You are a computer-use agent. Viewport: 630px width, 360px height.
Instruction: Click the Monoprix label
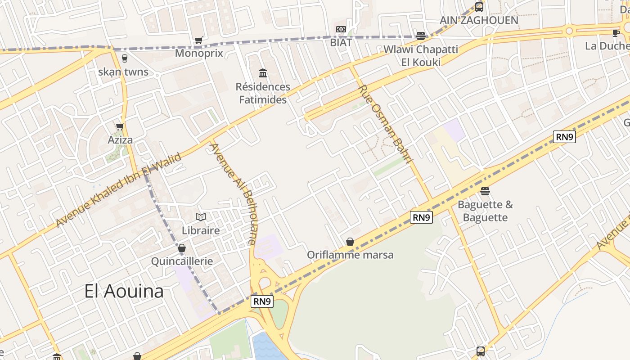(x=199, y=53)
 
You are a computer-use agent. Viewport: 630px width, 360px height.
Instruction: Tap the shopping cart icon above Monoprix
(x=199, y=40)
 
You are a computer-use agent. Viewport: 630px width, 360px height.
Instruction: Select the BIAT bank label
(x=341, y=42)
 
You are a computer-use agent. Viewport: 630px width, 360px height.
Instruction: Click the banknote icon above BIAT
(x=341, y=30)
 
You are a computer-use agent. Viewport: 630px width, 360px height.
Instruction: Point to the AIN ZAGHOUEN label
(x=479, y=20)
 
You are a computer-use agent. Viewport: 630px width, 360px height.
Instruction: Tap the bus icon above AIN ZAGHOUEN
(x=479, y=7)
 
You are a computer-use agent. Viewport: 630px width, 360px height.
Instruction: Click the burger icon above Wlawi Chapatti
(x=421, y=36)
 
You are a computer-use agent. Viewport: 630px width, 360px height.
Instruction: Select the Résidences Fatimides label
(x=263, y=93)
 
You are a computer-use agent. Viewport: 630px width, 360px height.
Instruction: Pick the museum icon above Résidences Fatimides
(x=263, y=73)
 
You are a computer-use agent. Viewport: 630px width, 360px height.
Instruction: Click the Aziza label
(x=120, y=140)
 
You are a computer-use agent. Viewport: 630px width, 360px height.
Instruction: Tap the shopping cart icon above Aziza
(x=120, y=127)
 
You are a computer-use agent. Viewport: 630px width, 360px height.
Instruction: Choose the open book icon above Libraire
(x=201, y=217)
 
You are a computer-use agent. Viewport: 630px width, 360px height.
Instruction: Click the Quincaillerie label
(x=182, y=261)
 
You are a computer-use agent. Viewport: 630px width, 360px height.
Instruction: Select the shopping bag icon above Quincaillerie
(x=182, y=248)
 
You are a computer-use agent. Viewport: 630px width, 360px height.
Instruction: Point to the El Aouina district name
(x=124, y=292)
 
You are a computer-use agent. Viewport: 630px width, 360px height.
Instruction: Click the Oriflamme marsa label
(x=350, y=255)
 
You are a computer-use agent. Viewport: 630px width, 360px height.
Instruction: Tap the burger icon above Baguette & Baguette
(x=485, y=191)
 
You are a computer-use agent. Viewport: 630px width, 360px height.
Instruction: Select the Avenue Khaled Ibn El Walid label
(x=119, y=190)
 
